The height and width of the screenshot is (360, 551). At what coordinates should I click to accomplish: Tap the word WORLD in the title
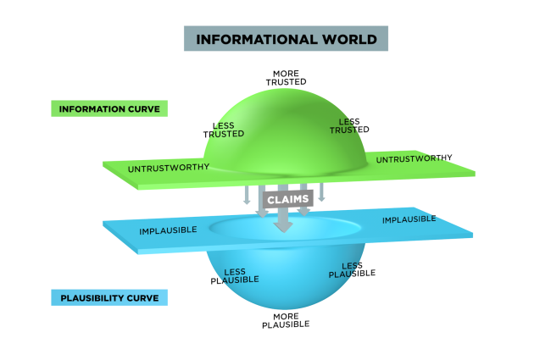[x=350, y=39]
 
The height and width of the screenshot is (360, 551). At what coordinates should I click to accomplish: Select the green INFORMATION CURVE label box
[x=109, y=108]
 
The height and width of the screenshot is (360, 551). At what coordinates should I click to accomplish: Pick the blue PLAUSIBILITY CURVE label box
[x=109, y=298]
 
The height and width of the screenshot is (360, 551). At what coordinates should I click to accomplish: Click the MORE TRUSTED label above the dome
[x=286, y=78]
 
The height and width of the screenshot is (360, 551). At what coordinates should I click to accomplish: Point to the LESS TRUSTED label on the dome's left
[x=224, y=130]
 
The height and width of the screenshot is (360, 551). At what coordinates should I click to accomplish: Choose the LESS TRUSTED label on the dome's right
[x=349, y=126]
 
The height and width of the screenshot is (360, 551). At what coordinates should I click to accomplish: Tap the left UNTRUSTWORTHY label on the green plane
[x=169, y=168]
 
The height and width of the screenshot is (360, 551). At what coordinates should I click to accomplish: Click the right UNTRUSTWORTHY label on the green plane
[x=414, y=158]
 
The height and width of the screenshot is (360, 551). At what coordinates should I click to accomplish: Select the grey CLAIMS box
[x=288, y=200]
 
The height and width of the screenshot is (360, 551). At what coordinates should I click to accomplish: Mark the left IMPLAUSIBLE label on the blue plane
[x=168, y=230]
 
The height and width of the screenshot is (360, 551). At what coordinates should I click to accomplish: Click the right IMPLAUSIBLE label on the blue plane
[x=409, y=219]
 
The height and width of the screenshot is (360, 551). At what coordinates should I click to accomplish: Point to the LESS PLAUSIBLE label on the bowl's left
[x=235, y=276]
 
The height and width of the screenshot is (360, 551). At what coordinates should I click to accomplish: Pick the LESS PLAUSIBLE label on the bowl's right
[x=352, y=269]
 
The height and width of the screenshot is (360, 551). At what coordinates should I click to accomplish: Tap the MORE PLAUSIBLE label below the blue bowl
[x=286, y=321]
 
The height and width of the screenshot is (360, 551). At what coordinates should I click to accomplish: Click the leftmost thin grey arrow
[x=247, y=195]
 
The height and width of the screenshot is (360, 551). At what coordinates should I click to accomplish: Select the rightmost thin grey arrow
[x=321, y=192]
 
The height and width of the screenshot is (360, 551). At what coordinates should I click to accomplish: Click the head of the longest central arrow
[x=283, y=227]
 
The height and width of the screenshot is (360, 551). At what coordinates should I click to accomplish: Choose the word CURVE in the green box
[x=144, y=109]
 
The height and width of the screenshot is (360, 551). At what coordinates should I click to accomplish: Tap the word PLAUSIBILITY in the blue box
[x=92, y=298]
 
